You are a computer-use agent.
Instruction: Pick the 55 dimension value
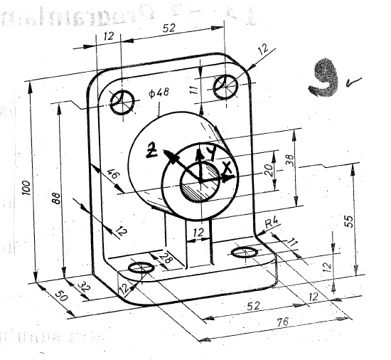348,220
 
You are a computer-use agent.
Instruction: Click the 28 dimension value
166,258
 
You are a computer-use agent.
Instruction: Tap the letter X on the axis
227,169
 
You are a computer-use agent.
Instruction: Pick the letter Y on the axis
210,152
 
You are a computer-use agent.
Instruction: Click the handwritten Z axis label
151,149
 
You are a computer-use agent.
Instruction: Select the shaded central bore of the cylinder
200,189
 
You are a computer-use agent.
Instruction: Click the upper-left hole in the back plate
125,101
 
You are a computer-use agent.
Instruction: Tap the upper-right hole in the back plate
226,86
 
